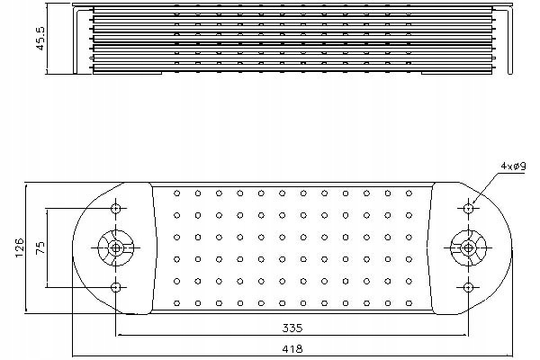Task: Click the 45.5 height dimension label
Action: click(x=40, y=39)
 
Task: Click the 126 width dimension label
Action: click(x=19, y=247)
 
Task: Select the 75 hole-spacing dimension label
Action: click(x=40, y=247)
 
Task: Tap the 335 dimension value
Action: click(x=292, y=328)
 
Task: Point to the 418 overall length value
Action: click(x=292, y=348)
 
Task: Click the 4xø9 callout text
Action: click(x=513, y=166)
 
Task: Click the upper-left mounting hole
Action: click(x=116, y=209)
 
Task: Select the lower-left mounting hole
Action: click(x=116, y=287)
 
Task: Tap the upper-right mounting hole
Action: click(x=468, y=209)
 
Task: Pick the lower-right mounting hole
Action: click(x=468, y=287)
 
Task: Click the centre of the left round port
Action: click(x=116, y=247)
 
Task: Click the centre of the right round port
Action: click(x=468, y=247)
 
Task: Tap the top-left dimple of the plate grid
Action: click(x=177, y=193)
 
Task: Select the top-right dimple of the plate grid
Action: click(x=409, y=193)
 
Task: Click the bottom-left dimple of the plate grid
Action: click(x=177, y=303)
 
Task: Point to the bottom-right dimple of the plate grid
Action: click(x=409, y=303)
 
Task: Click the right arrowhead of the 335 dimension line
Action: click(x=465, y=335)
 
